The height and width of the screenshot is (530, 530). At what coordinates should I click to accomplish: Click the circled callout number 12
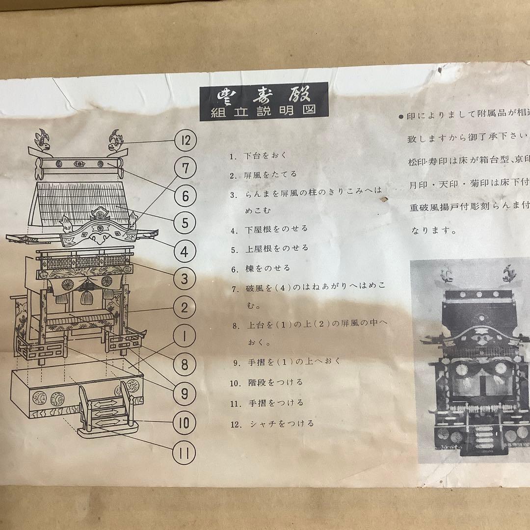coord(185,141)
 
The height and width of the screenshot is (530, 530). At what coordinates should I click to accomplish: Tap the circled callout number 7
coord(185,168)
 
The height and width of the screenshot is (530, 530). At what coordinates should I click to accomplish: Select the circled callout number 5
coord(185,223)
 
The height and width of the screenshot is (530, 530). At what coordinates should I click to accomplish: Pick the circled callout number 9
coord(185,393)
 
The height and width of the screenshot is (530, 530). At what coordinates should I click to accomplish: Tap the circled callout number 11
coord(185,451)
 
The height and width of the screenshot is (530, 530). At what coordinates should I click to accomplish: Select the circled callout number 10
coord(185,423)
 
